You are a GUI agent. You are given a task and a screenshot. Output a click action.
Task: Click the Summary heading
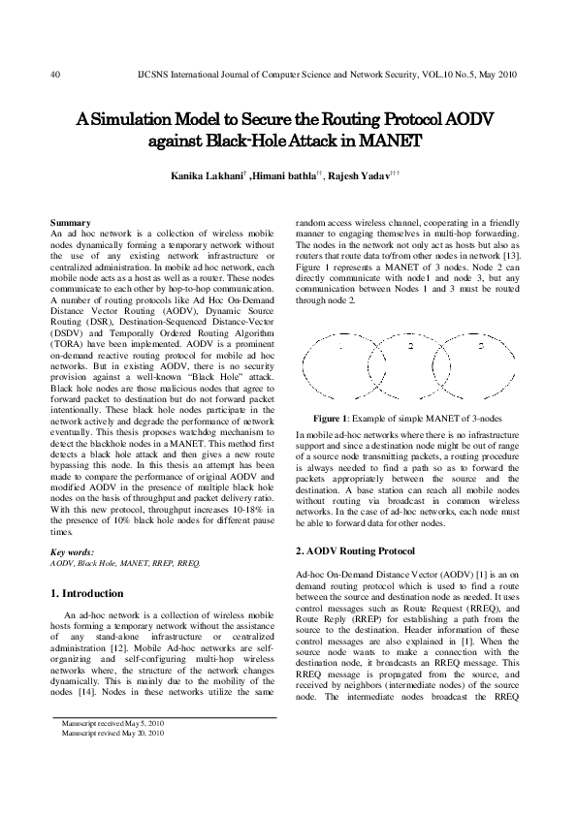(70, 223)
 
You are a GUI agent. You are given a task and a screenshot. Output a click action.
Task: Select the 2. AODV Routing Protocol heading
(361, 551)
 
